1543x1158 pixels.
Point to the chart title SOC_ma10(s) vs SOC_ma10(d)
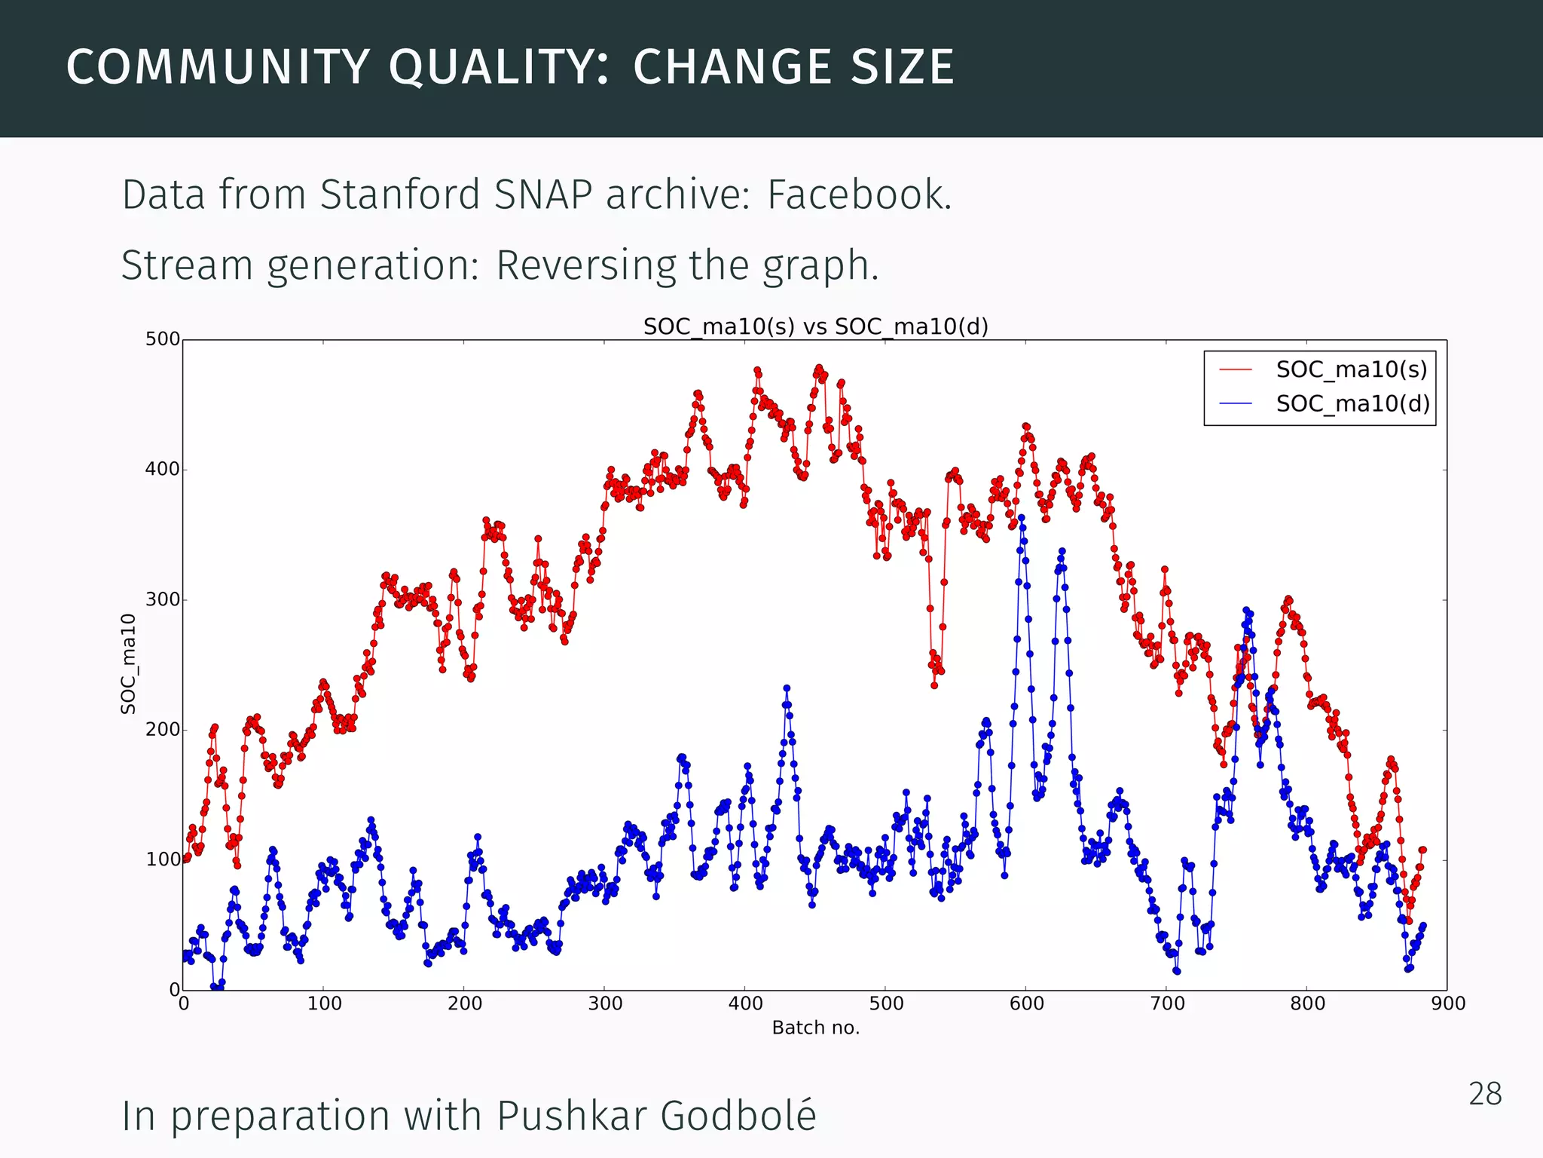(x=815, y=326)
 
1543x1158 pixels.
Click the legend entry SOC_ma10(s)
(x=1351, y=369)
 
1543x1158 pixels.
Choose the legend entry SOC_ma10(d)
(x=1352, y=404)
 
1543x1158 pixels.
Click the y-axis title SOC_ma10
(x=129, y=663)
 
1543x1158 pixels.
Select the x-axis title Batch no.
(x=815, y=1028)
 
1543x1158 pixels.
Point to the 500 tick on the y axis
(x=163, y=339)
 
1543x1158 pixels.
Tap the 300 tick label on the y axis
(x=163, y=599)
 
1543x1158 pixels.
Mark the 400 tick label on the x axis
(x=745, y=1003)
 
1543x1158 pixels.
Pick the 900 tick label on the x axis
(x=1447, y=1003)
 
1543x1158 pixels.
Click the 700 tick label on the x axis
(x=1166, y=1003)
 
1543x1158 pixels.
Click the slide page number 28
(x=1485, y=1094)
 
